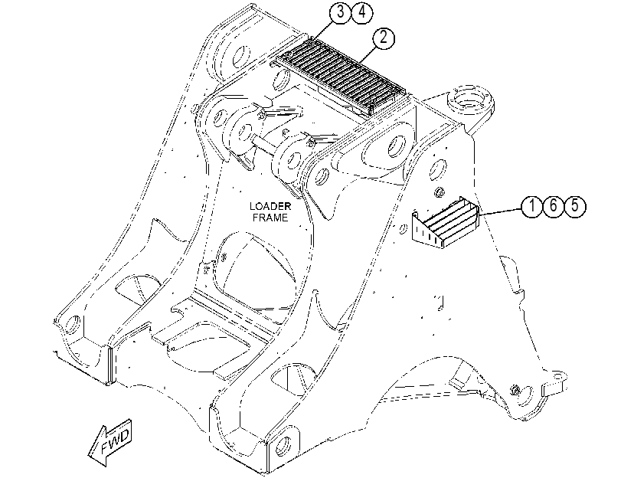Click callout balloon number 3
[x=341, y=12]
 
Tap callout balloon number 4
[x=362, y=12]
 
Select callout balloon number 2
[x=384, y=38]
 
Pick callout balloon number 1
[x=532, y=206]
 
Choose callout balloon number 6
[x=554, y=206]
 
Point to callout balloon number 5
[x=574, y=206]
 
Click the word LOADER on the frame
[x=270, y=206]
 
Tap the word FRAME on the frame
[x=270, y=218]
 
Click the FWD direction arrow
[x=109, y=442]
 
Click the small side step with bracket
[x=445, y=223]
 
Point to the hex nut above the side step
[x=439, y=192]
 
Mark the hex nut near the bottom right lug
[x=515, y=389]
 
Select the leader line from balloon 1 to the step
[x=500, y=211]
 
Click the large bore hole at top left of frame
[x=241, y=56]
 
